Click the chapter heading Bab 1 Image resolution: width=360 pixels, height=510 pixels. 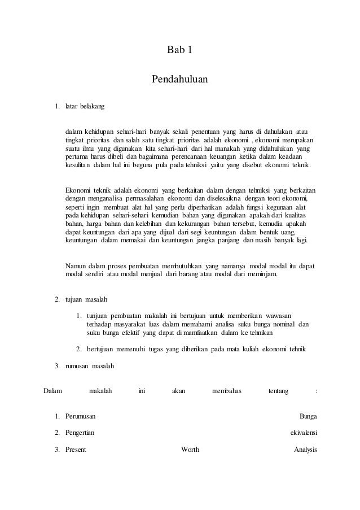coord(180,51)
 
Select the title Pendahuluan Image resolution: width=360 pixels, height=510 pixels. coord(180,79)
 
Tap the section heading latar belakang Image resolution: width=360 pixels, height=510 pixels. coord(81,106)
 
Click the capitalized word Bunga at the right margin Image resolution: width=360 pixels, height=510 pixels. coord(308,416)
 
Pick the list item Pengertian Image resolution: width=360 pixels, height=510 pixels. coord(80,433)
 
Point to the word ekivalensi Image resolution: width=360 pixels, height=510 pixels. coord(303,433)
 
